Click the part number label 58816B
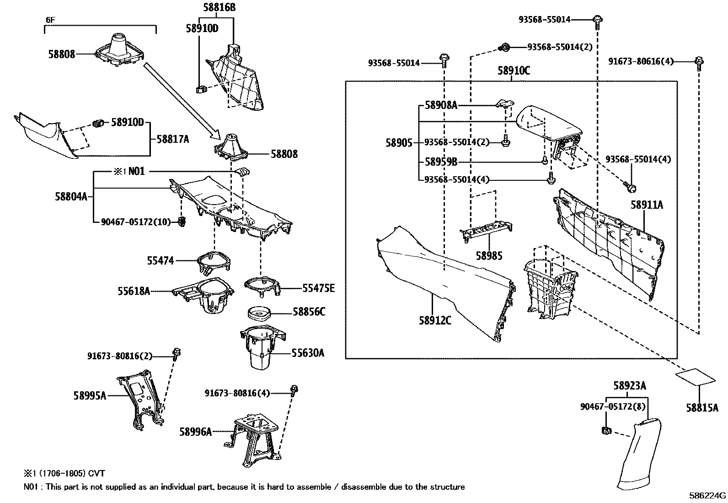click(x=219, y=8)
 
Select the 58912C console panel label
click(x=435, y=320)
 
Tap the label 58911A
click(x=647, y=206)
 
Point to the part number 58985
click(x=489, y=255)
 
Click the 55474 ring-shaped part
click(x=214, y=260)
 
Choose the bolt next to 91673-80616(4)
click(x=698, y=62)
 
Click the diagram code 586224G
click(x=707, y=495)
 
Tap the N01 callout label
click(x=136, y=172)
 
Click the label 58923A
click(x=630, y=386)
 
